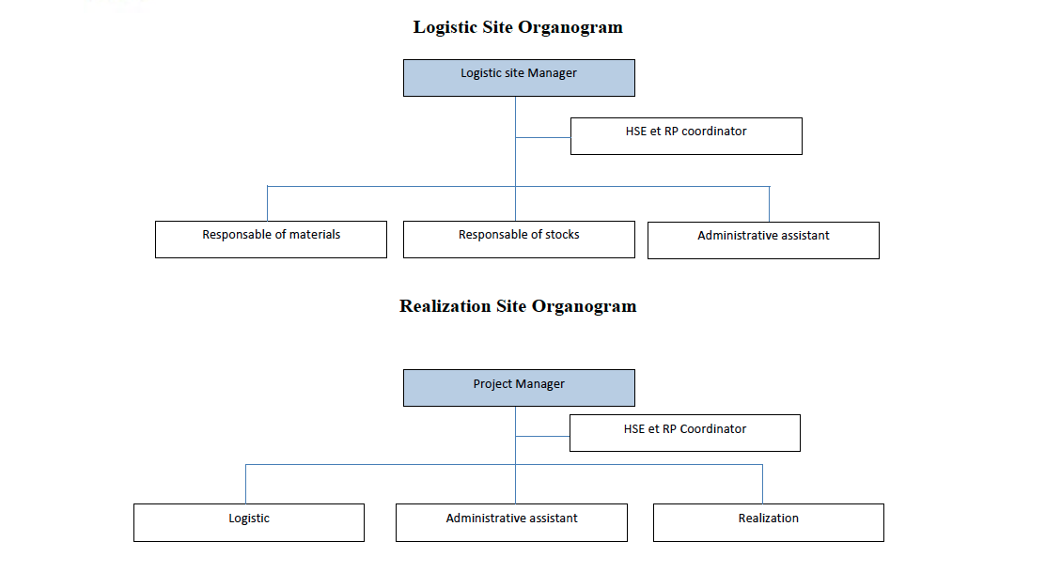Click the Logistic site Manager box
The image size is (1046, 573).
pyautogui.click(x=519, y=78)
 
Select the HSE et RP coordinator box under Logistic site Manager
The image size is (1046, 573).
pyautogui.click(x=686, y=136)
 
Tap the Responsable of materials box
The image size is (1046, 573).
pyautogui.click(x=271, y=240)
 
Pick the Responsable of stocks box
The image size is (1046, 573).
pyautogui.click(x=519, y=240)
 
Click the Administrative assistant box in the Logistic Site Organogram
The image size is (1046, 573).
pyautogui.click(x=763, y=240)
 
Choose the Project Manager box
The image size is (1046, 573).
pyautogui.click(x=519, y=388)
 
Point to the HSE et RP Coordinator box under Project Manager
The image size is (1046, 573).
pyautogui.click(x=684, y=433)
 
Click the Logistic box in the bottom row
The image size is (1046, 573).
pyautogui.click(x=249, y=522)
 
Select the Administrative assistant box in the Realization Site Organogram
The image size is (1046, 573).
pyautogui.click(x=511, y=522)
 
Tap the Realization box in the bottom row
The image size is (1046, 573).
pyautogui.click(x=768, y=522)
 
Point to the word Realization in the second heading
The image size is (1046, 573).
pyautogui.click(x=445, y=306)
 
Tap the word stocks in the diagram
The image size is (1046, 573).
pyautogui.click(x=561, y=234)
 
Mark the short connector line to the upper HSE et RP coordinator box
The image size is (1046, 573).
pyautogui.click(x=543, y=138)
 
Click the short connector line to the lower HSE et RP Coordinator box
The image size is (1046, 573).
pyautogui.click(x=542, y=436)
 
